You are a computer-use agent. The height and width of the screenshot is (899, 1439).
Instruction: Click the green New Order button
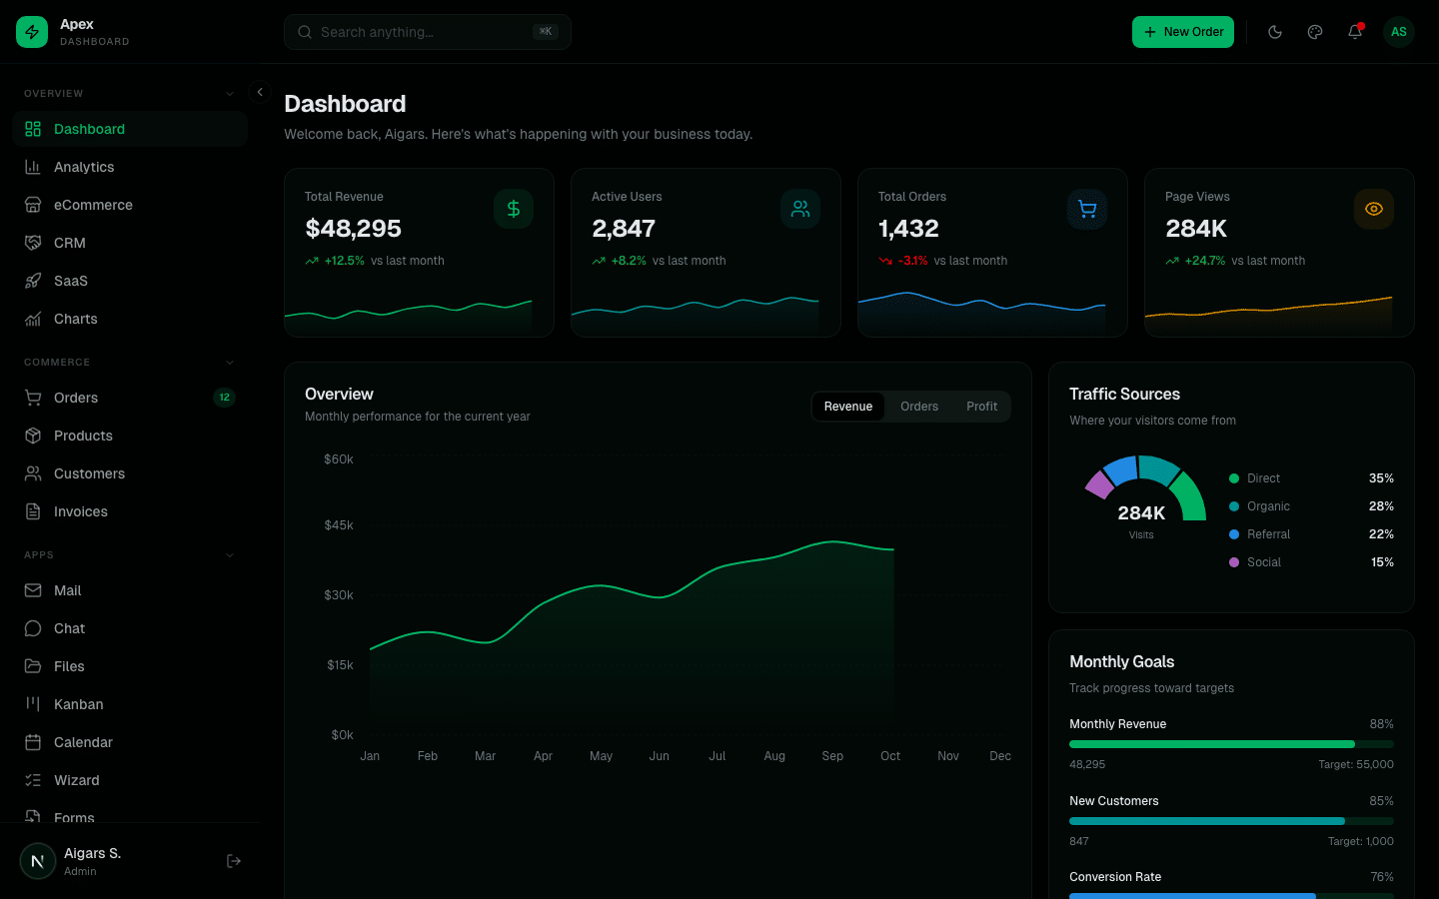click(x=1183, y=32)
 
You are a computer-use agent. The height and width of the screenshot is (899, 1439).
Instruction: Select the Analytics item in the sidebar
click(x=84, y=167)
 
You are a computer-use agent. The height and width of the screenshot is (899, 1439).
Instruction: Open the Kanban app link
click(x=78, y=704)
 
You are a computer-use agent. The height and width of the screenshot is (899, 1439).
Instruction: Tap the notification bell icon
click(x=1355, y=32)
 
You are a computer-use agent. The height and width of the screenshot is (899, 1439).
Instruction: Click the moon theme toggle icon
click(x=1275, y=32)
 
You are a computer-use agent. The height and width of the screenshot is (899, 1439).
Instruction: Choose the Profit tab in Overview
click(x=981, y=407)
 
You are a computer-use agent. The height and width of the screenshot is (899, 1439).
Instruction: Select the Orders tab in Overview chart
click(x=918, y=407)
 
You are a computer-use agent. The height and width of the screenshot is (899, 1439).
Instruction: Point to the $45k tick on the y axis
click(x=339, y=525)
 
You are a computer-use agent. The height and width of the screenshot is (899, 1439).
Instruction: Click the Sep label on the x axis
click(x=832, y=756)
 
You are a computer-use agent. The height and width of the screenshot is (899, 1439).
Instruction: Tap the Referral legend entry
click(x=1268, y=534)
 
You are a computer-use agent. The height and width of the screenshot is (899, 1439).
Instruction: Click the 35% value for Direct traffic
click(x=1381, y=478)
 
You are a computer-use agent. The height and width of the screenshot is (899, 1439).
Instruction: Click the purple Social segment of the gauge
click(x=1099, y=484)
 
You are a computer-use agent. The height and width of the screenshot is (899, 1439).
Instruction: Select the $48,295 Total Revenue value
click(x=353, y=229)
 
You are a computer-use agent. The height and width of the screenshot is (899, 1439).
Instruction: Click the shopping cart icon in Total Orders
click(x=1087, y=209)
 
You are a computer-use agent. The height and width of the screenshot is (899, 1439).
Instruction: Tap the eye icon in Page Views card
click(x=1374, y=209)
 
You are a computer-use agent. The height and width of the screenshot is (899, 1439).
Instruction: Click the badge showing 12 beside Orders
click(x=224, y=398)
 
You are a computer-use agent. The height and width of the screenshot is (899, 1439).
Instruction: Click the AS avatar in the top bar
click(x=1399, y=32)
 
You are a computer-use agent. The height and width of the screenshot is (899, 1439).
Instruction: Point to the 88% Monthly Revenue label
click(x=1381, y=724)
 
